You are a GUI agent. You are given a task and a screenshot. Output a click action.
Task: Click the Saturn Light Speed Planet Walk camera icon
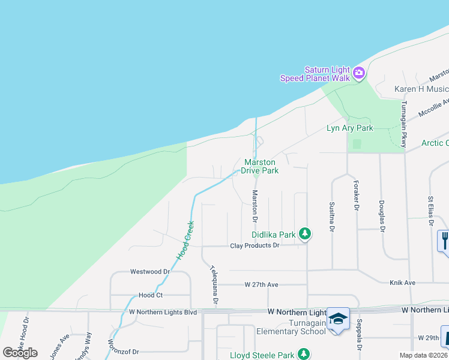click(359, 73)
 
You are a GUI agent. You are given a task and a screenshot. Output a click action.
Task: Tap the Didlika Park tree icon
click(305, 234)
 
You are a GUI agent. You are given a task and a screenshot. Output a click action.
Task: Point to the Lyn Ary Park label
click(349, 128)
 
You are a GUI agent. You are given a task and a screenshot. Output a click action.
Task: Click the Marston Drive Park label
click(259, 166)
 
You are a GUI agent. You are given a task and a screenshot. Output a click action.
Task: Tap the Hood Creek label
click(185, 241)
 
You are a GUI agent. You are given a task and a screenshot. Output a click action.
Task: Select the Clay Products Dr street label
click(255, 245)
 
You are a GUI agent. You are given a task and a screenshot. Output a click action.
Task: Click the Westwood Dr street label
click(150, 272)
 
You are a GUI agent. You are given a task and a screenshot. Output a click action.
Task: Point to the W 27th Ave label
click(262, 284)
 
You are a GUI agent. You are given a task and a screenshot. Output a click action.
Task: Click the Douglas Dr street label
click(381, 214)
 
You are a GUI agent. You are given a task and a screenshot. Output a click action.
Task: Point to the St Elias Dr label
click(431, 211)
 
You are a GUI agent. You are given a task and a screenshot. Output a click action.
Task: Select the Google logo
click(20, 352)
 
